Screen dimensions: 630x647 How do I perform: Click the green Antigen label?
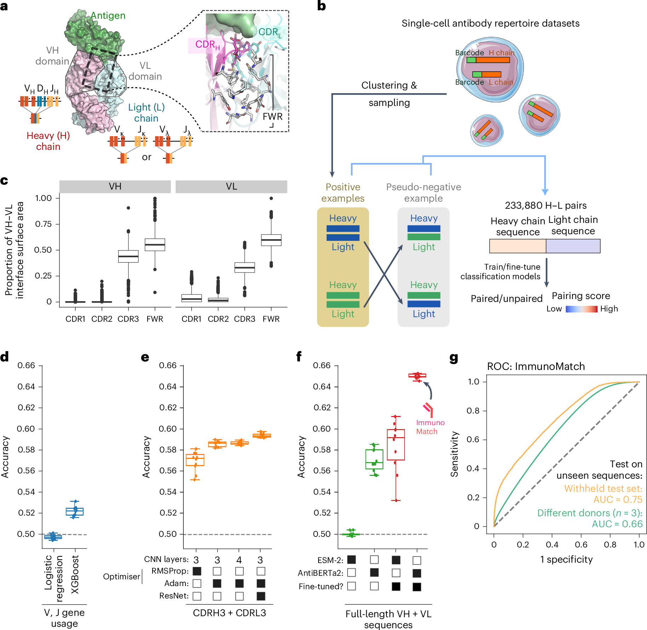[108, 16]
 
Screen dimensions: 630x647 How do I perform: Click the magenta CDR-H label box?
[207, 45]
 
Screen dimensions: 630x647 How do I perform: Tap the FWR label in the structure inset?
[273, 117]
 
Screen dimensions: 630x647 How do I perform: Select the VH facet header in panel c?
[115, 186]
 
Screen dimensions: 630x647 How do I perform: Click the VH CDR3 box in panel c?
[128, 256]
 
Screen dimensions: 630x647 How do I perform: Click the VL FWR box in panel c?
[271, 240]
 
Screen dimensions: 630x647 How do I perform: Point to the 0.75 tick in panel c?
[44, 224]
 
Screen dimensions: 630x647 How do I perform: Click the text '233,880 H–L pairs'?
[545, 206]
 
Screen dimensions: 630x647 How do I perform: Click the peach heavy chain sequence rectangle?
[517, 246]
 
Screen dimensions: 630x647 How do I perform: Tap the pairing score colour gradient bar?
[581, 309]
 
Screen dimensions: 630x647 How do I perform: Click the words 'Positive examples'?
[343, 192]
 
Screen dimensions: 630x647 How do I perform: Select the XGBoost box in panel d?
[75, 511]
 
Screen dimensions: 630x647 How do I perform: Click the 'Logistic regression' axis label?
[54, 578]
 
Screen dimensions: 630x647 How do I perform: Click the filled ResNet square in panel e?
[261, 596]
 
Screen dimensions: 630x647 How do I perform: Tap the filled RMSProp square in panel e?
[197, 571]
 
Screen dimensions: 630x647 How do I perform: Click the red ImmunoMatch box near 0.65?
[417, 376]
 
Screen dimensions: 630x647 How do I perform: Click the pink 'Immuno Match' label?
[430, 427]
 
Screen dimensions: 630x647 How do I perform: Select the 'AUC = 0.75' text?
[618, 500]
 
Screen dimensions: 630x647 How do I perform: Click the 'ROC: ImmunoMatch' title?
[536, 366]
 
